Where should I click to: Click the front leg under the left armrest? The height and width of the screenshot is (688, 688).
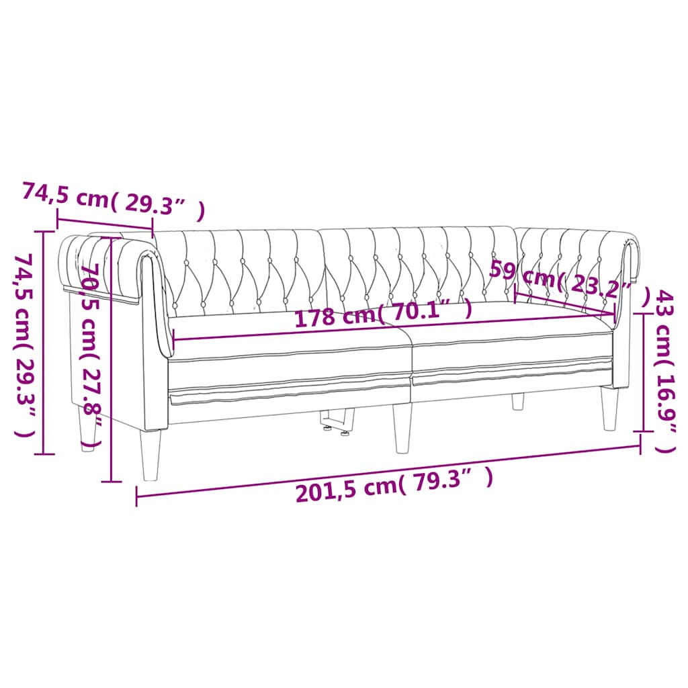(x=151, y=454)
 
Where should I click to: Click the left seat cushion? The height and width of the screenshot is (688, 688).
(x=289, y=339)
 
